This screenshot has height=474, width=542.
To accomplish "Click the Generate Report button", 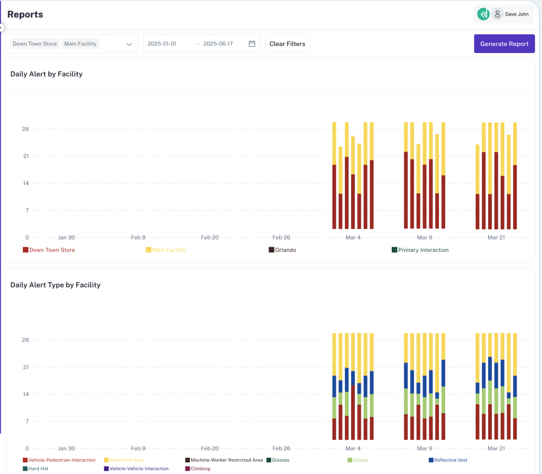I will tap(504, 44).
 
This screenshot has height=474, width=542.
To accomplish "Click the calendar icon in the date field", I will tap(252, 44).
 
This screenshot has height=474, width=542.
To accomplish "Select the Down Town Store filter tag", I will tap(35, 44).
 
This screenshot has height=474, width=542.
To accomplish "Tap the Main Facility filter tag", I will tap(80, 44).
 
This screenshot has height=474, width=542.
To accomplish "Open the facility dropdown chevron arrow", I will tap(129, 44).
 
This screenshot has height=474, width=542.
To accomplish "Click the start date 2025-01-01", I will tap(162, 44).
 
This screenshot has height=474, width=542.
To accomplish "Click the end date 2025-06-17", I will tap(218, 44).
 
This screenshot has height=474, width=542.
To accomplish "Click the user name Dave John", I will tap(516, 14).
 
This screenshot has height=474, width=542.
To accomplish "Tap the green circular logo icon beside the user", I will tap(483, 14).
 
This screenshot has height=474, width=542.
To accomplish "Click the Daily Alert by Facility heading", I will tap(46, 74).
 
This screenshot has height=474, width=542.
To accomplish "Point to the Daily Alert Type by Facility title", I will tap(55, 285).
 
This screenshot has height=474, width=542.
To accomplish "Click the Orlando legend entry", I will tap(283, 250).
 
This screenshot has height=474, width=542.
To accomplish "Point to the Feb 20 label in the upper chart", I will tap(209, 237).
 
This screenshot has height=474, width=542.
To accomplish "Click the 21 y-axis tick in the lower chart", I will tap(26, 367).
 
